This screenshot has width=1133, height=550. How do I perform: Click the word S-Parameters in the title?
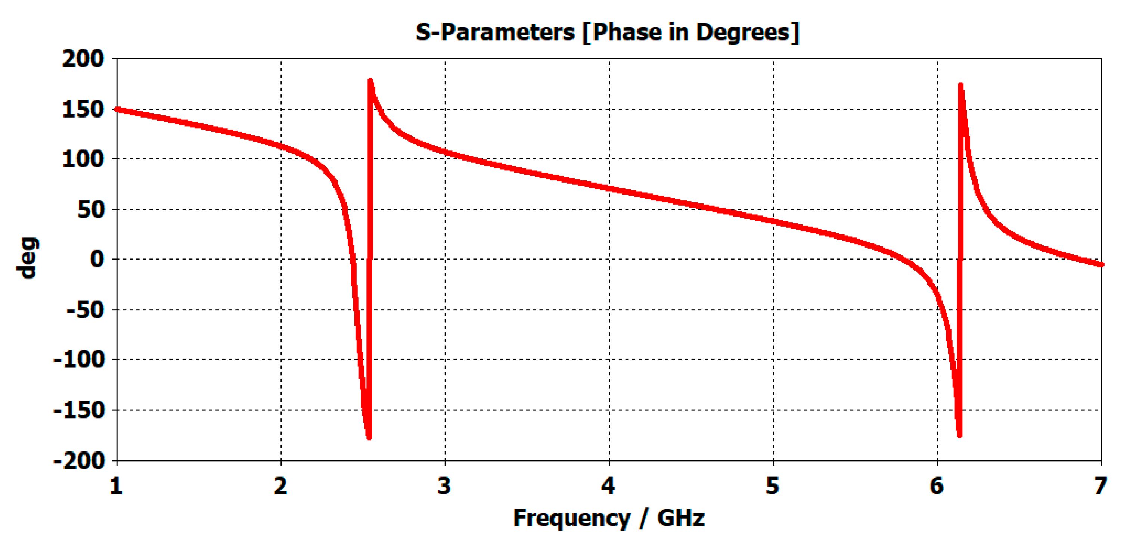(495, 32)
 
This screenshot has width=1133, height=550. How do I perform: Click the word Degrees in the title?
(743, 32)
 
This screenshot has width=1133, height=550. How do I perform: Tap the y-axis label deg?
(27, 258)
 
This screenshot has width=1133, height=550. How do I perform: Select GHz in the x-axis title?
(680, 518)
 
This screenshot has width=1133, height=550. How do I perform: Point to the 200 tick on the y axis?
(83, 59)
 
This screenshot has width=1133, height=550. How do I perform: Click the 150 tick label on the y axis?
(83, 109)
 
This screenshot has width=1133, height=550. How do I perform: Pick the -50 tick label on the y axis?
(86, 310)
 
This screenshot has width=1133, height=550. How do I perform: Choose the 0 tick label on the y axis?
(97, 260)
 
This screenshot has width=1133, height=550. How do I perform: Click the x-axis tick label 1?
(116, 486)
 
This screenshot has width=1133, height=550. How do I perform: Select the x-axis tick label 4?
(609, 486)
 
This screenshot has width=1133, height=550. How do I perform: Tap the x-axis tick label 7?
(1101, 486)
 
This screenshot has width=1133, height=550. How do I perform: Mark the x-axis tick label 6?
(937, 486)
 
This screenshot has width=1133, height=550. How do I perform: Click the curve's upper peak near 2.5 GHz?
(370, 82)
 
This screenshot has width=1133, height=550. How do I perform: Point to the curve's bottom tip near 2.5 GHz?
(369, 436)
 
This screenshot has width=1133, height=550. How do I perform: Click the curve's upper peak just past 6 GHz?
(960, 86)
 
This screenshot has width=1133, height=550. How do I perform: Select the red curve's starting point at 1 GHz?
(117, 109)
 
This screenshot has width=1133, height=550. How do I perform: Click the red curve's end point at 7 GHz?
(1101, 265)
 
